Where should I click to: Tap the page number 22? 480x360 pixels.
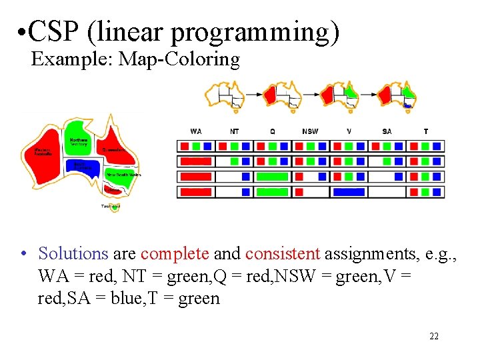[x=434, y=336]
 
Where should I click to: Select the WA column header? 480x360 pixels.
[x=195, y=131]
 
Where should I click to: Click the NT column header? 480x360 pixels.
[x=234, y=131]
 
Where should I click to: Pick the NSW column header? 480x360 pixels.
[x=310, y=131]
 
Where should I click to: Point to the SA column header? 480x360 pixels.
[x=387, y=131]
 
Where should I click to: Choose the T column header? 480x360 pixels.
[x=425, y=131]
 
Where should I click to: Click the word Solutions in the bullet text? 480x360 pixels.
[x=73, y=253]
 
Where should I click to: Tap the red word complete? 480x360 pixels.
[x=175, y=253]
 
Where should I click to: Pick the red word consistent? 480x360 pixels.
[x=283, y=253]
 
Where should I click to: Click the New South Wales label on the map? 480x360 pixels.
[x=124, y=175]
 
